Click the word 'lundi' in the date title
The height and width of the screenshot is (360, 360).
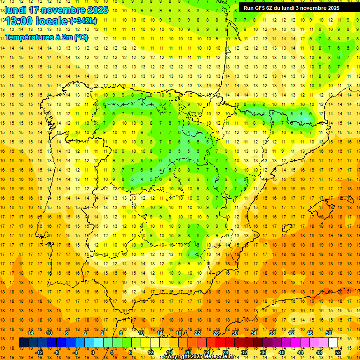tap(15, 10)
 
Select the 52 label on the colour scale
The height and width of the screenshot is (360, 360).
tap(338, 352)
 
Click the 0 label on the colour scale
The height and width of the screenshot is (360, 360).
tap(92, 352)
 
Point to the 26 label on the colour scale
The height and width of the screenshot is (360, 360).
tap(216, 333)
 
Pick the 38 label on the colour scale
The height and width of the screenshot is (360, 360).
tap(272, 333)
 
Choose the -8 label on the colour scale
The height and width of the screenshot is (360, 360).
tap(56, 352)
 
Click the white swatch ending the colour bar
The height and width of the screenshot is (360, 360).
tap(333, 342)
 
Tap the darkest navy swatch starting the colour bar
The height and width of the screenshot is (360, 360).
tap(23, 342)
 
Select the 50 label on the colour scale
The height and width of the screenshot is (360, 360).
tap(329, 333)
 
